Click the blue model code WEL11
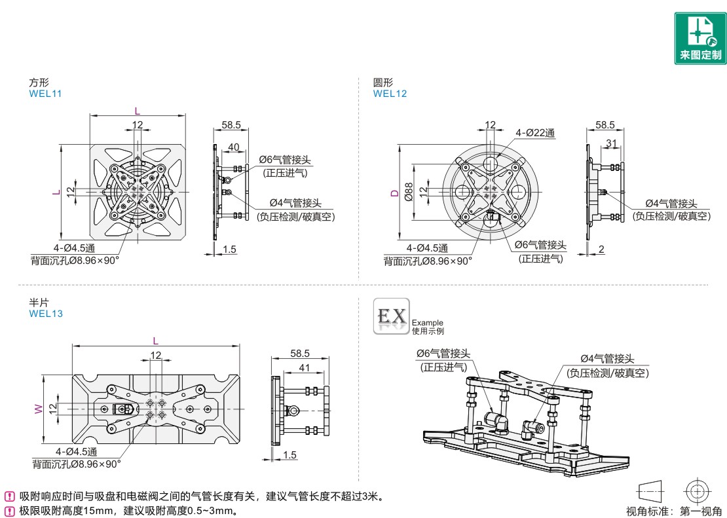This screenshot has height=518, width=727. pyautogui.click(x=45, y=94)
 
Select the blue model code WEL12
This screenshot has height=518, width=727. pyautogui.click(x=390, y=94)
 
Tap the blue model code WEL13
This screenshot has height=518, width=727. pyautogui.click(x=46, y=314)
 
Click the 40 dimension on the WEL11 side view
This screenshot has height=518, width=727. pyautogui.click(x=233, y=147)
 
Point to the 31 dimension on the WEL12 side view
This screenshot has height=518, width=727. pyautogui.click(x=610, y=143)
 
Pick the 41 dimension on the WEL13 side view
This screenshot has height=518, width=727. pyautogui.click(x=305, y=367)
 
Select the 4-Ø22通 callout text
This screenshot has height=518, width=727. pyautogui.click(x=536, y=133)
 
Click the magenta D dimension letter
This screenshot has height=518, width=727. pyautogui.click(x=394, y=193)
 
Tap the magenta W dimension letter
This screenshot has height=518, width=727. pyautogui.click(x=38, y=409)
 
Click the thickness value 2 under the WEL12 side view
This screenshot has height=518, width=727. pyautogui.click(x=601, y=249)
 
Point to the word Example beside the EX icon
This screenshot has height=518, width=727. pyautogui.click(x=428, y=322)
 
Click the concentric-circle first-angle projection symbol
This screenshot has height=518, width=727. pyautogui.click(x=697, y=490)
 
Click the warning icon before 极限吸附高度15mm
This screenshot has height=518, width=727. pyautogui.click(x=10, y=510)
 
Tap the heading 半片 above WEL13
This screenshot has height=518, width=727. pyautogui.click(x=38, y=303)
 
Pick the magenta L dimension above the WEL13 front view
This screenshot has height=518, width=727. pyautogui.click(x=155, y=341)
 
